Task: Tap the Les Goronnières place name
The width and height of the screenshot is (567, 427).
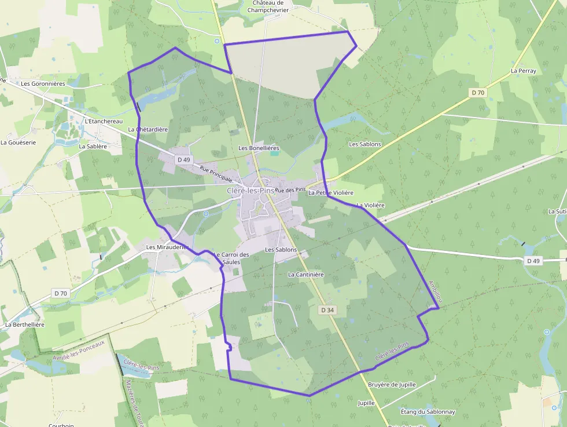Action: point(43,83)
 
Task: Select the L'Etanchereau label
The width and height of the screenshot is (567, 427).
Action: point(104,121)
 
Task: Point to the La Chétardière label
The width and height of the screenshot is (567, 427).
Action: point(148,129)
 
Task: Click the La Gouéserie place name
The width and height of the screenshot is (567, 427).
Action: point(18,142)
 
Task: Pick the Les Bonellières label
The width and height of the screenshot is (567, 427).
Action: point(259,148)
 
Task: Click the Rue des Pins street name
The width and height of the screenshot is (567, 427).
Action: point(290,190)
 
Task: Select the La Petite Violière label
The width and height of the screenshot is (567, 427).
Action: point(331,192)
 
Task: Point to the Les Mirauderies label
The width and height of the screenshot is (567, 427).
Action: point(167,247)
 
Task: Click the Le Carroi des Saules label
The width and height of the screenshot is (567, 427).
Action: point(231,258)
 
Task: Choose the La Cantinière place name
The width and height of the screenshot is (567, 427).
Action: point(305,274)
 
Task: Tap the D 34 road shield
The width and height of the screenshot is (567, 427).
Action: point(327,310)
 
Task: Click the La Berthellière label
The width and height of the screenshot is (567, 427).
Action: point(25,324)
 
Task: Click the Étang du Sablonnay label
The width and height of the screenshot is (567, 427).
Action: point(428,412)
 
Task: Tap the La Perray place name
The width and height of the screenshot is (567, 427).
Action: point(523,71)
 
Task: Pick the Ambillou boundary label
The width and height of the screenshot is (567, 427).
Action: point(435,292)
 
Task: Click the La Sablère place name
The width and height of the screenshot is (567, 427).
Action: point(93,147)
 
